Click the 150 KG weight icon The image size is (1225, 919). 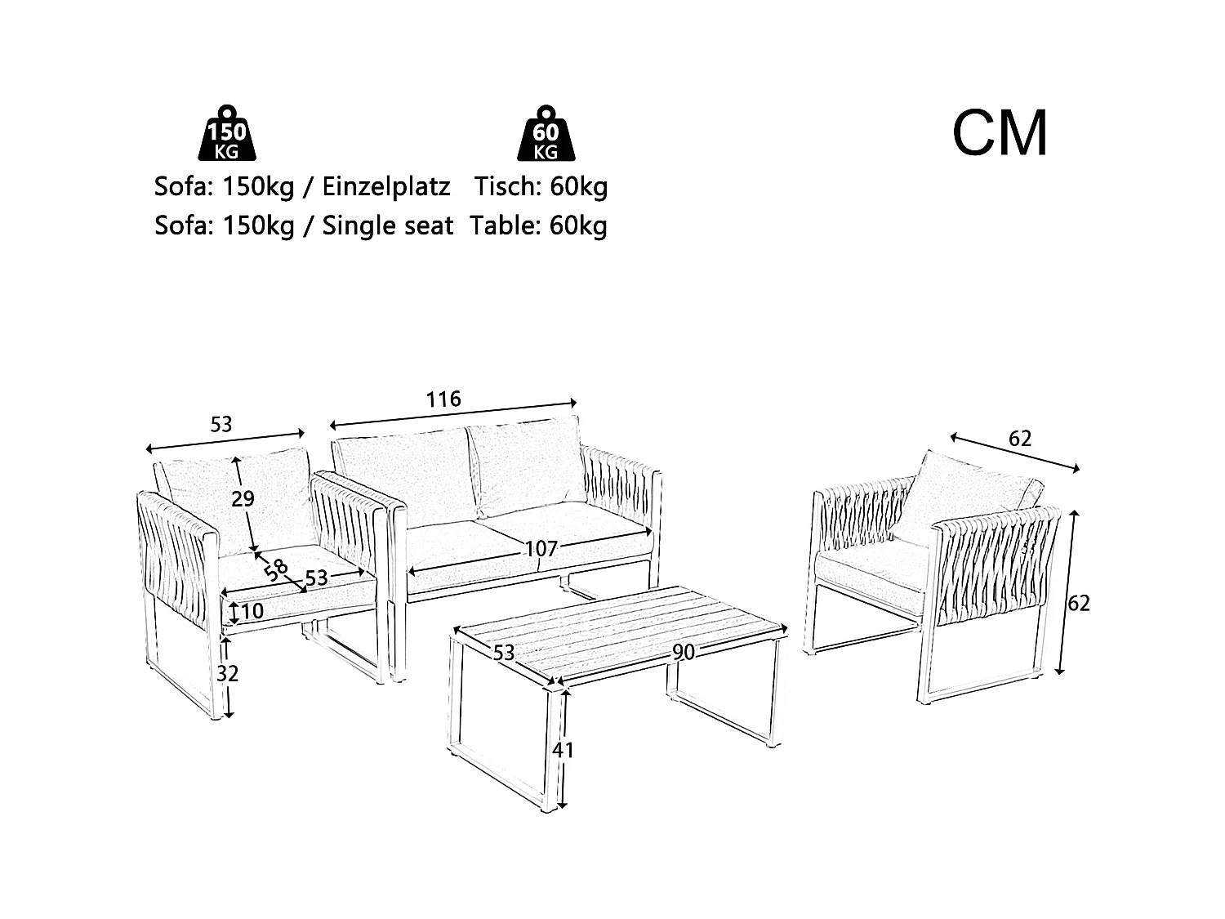pyautogui.click(x=226, y=133)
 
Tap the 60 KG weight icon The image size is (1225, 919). pyautogui.click(x=546, y=133)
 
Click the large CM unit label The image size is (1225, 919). pyautogui.click(x=1000, y=134)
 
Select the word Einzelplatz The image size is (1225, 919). pyautogui.click(x=386, y=187)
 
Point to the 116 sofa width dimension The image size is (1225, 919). pyautogui.click(x=443, y=399)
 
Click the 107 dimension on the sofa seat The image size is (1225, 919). pyautogui.click(x=541, y=549)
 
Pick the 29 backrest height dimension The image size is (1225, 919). pyautogui.click(x=243, y=498)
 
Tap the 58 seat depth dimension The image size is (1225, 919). pyautogui.click(x=276, y=569)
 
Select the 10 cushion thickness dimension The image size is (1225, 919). pyautogui.click(x=252, y=611)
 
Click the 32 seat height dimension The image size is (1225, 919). pyautogui.click(x=228, y=674)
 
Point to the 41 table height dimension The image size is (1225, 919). pyautogui.click(x=563, y=749)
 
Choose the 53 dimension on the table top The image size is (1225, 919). pyautogui.click(x=504, y=652)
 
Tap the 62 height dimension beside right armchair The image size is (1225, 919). pyautogui.click(x=1079, y=603)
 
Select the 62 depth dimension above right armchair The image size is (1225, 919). pyautogui.click(x=1020, y=438)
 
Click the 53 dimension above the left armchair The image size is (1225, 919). pyautogui.click(x=221, y=424)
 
